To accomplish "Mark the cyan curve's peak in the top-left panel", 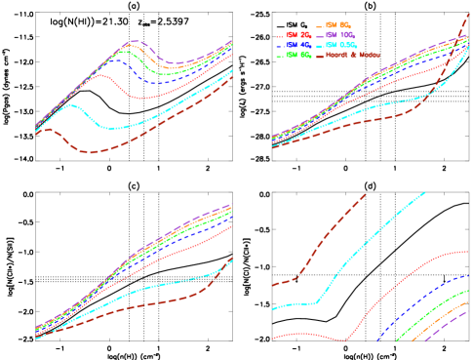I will click(71, 104).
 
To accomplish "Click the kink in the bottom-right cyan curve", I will click(318, 302).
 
